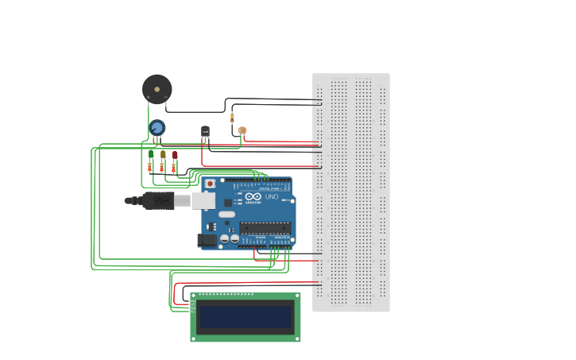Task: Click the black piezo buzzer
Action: pos(157,88)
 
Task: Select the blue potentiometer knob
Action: pos(157,127)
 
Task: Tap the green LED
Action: pos(151,154)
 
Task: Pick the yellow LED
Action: pos(163,154)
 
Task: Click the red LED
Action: pos(175,154)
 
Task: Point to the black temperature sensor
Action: pos(205,130)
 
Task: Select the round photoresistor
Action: pos(242,130)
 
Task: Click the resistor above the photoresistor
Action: pos(232,118)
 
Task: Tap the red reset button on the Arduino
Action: pos(210,184)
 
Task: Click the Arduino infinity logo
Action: pos(253,196)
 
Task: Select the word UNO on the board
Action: pos(271,196)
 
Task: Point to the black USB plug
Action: pos(157,200)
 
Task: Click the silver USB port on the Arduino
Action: pos(203,200)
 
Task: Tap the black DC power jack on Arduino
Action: pos(207,239)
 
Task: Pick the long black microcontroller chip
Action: pos(265,228)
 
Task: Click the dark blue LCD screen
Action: pos(245,317)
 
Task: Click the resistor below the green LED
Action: pos(150,167)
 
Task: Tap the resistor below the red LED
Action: pos(173,167)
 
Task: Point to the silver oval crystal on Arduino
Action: pos(226,215)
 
